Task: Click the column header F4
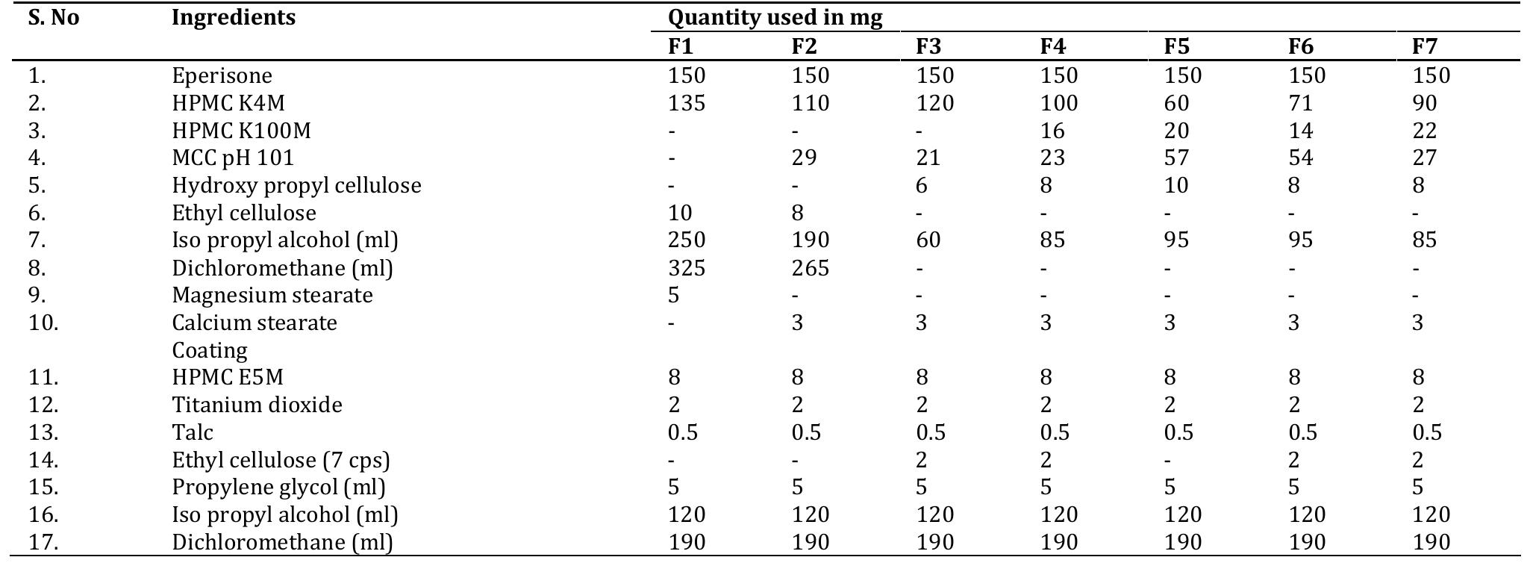pyautogui.click(x=1052, y=47)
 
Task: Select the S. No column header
pyautogui.click(x=54, y=18)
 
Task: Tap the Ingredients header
pyautogui.click(x=234, y=18)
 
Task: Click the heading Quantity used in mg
pyautogui.click(x=775, y=18)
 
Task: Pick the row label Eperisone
pyautogui.click(x=222, y=75)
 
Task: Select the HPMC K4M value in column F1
pyautogui.click(x=686, y=103)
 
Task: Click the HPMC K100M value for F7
pyautogui.click(x=1424, y=131)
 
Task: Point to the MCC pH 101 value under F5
pyautogui.click(x=1176, y=158)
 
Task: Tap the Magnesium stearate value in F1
pyautogui.click(x=673, y=296)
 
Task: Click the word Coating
pyautogui.click(x=209, y=350)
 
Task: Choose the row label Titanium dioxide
pyautogui.click(x=257, y=405)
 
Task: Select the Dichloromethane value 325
pyautogui.click(x=686, y=268)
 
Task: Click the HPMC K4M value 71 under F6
pyautogui.click(x=1300, y=103)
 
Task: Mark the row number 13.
pyautogui.click(x=43, y=432)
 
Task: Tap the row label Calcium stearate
pyautogui.click(x=254, y=323)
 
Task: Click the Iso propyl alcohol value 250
pyautogui.click(x=686, y=240)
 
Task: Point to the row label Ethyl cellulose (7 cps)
pyautogui.click(x=281, y=460)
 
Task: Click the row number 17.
pyautogui.click(x=43, y=542)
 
